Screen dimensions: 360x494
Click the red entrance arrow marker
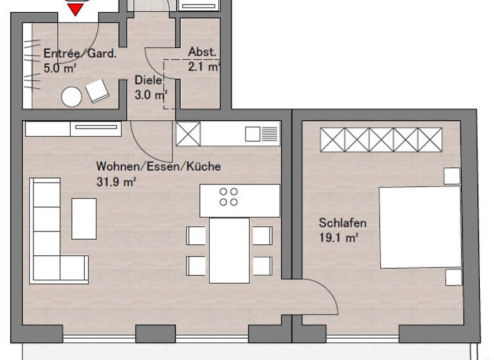click(77, 8)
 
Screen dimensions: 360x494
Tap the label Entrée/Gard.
click(80, 54)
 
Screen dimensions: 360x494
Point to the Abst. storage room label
click(202, 52)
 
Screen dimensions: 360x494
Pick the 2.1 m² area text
click(204, 66)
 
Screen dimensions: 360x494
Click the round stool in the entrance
click(71, 97)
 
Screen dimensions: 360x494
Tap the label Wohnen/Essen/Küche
click(158, 166)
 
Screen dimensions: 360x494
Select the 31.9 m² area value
click(116, 182)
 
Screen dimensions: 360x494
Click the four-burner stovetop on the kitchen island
click(228, 197)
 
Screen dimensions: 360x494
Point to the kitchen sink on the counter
click(262, 134)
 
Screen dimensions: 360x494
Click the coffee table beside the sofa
click(84, 219)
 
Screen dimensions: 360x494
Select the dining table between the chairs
click(230, 249)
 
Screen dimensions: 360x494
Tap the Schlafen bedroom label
click(343, 223)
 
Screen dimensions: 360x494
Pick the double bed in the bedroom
click(419, 227)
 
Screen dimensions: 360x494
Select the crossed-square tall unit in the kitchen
click(188, 134)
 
